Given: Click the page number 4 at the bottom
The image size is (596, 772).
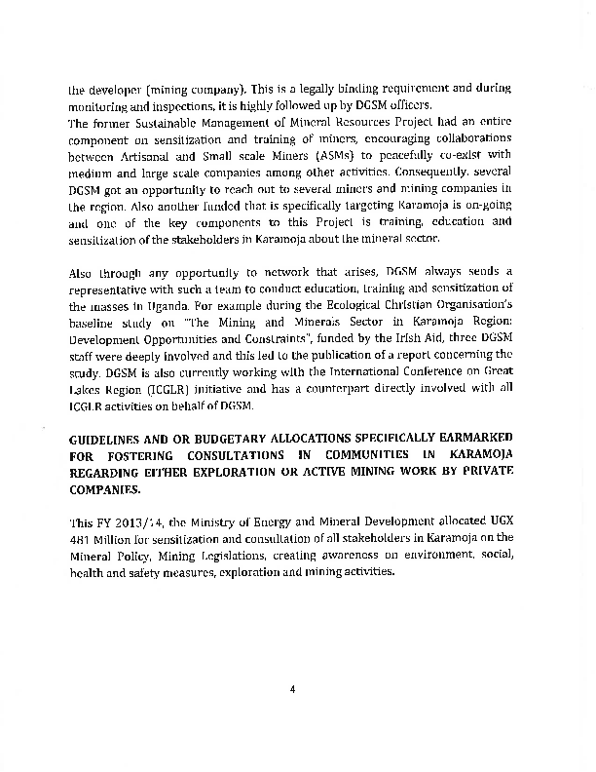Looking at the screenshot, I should point(292,689).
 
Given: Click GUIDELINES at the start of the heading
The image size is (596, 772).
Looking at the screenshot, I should point(108,440).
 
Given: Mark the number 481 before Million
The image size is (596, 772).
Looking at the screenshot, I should point(80,538).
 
